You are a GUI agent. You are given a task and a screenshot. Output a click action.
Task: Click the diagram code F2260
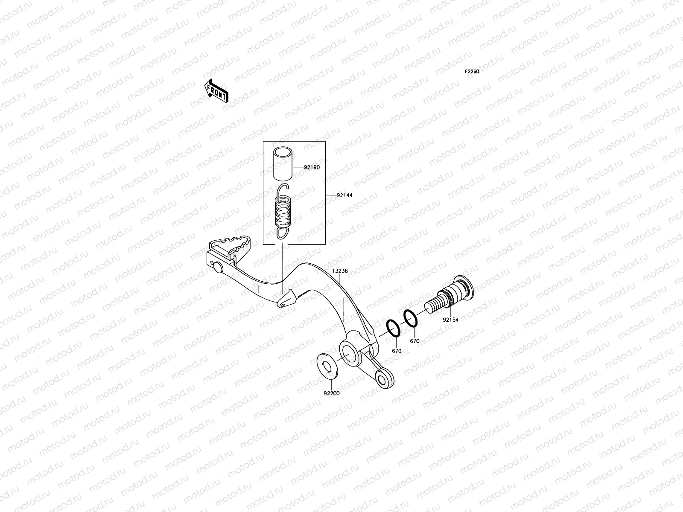pyautogui.click(x=472, y=72)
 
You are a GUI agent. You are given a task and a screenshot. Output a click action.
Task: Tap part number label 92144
pyautogui.click(x=344, y=195)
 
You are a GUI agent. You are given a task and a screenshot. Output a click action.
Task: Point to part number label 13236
pyautogui.click(x=341, y=271)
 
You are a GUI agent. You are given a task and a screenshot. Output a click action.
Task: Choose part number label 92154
pyautogui.click(x=450, y=319)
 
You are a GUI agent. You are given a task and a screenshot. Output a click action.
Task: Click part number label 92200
pyautogui.click(x=332, y=393)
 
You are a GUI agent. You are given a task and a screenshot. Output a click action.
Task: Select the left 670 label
pyautogui.click(x=397, y=351)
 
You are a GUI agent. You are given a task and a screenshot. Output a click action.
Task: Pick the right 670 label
pyautogui.click(x=414, y=341)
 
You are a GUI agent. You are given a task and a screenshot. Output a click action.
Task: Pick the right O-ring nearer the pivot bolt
pyautogui.click(x=410, y=319)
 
